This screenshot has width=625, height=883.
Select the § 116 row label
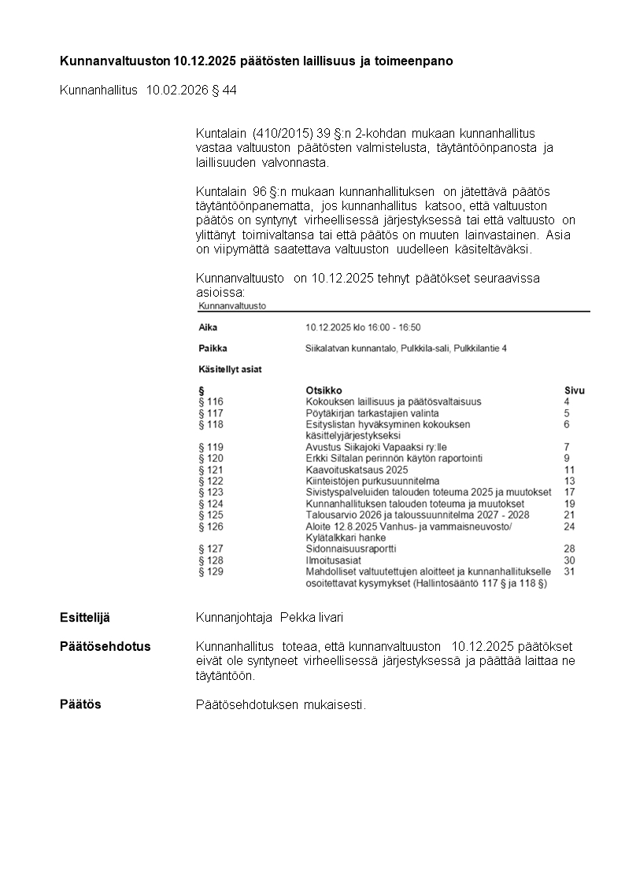tap(211, 401)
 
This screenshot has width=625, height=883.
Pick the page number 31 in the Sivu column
tap(570, 572)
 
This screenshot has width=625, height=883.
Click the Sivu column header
tap(575, 390)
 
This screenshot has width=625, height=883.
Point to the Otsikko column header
tap(324, 390)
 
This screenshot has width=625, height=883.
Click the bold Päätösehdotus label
tap(105, 646)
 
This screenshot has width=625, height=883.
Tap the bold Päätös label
tap(80, 704)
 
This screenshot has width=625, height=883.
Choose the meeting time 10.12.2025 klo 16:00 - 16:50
tap(363, 327)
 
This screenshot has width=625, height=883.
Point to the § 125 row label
tap(211, 515)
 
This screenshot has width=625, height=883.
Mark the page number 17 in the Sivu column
tap(570, 493)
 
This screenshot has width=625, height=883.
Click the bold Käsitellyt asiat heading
tap(231, 368)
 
